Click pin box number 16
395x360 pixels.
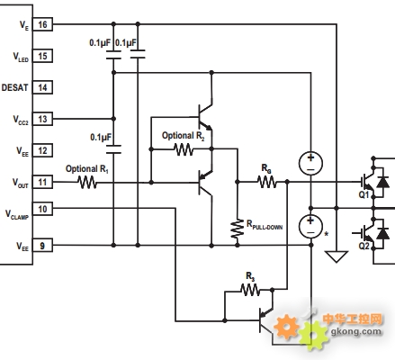(x=42, y=24)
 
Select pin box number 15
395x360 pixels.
(x=42, y=56)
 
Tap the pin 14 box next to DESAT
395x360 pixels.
(x=42, y=87)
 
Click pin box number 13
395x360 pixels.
(x=42, y=119)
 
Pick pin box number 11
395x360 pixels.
(x=42, y=182)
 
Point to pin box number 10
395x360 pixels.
(x=42, y=209)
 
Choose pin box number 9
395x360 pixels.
(x=42, y=246)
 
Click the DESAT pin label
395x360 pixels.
(x=14, y=87)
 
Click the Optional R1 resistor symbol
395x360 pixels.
(x=87, y=182)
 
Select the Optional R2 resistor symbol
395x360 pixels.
(x=184, y=149)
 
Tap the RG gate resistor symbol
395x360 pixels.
(x=267, y=182)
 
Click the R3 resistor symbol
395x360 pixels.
(x=250, y=290)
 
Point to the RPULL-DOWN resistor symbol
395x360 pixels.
(x=238, y=229)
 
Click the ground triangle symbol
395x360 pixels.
(x=337, y=256)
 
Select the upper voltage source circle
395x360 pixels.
(x=311, y=164)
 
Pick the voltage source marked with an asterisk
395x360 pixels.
(x=311, y=227)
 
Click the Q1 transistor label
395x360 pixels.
(x=364, y=194)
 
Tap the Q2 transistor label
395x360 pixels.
(x=364, y=246)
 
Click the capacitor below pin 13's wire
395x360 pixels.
(x=113, y=149)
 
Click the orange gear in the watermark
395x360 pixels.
(x=286, y=326)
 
